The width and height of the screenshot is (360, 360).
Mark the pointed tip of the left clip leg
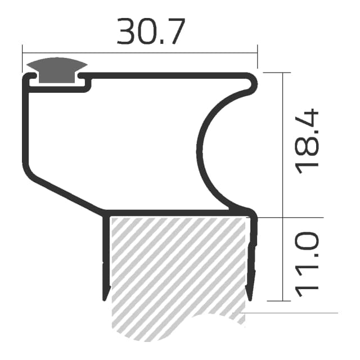tap(105, 297)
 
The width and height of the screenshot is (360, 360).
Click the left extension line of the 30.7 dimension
tap(22, 56)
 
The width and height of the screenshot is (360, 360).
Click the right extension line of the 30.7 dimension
tap(257, 56)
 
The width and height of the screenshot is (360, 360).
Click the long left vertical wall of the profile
tap(25, 124)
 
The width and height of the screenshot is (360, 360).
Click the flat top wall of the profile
tap(169, 75)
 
